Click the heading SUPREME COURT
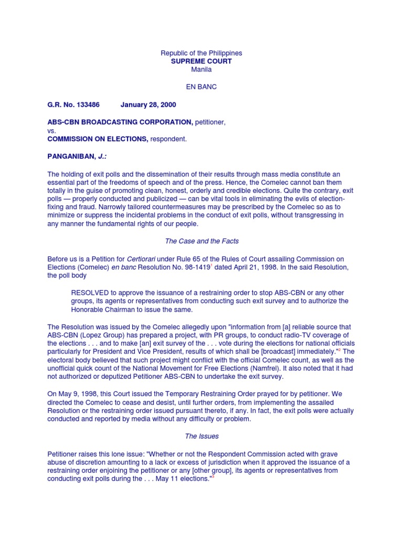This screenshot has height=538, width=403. (201, 61)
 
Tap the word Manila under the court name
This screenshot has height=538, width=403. (201, 70)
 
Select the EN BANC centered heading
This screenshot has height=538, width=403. (201, 87)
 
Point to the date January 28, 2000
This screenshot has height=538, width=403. (149, 105)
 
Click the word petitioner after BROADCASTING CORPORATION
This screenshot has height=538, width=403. (210, 122)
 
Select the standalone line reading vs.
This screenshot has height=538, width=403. (52, 131)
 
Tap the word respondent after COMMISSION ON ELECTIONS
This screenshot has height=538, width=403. (169, 139)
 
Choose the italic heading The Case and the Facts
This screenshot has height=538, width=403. (201, 241)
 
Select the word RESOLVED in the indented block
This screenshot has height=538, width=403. (92, 293)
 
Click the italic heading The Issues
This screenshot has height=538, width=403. (201, 436)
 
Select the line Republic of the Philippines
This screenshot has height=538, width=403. (201, 53)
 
